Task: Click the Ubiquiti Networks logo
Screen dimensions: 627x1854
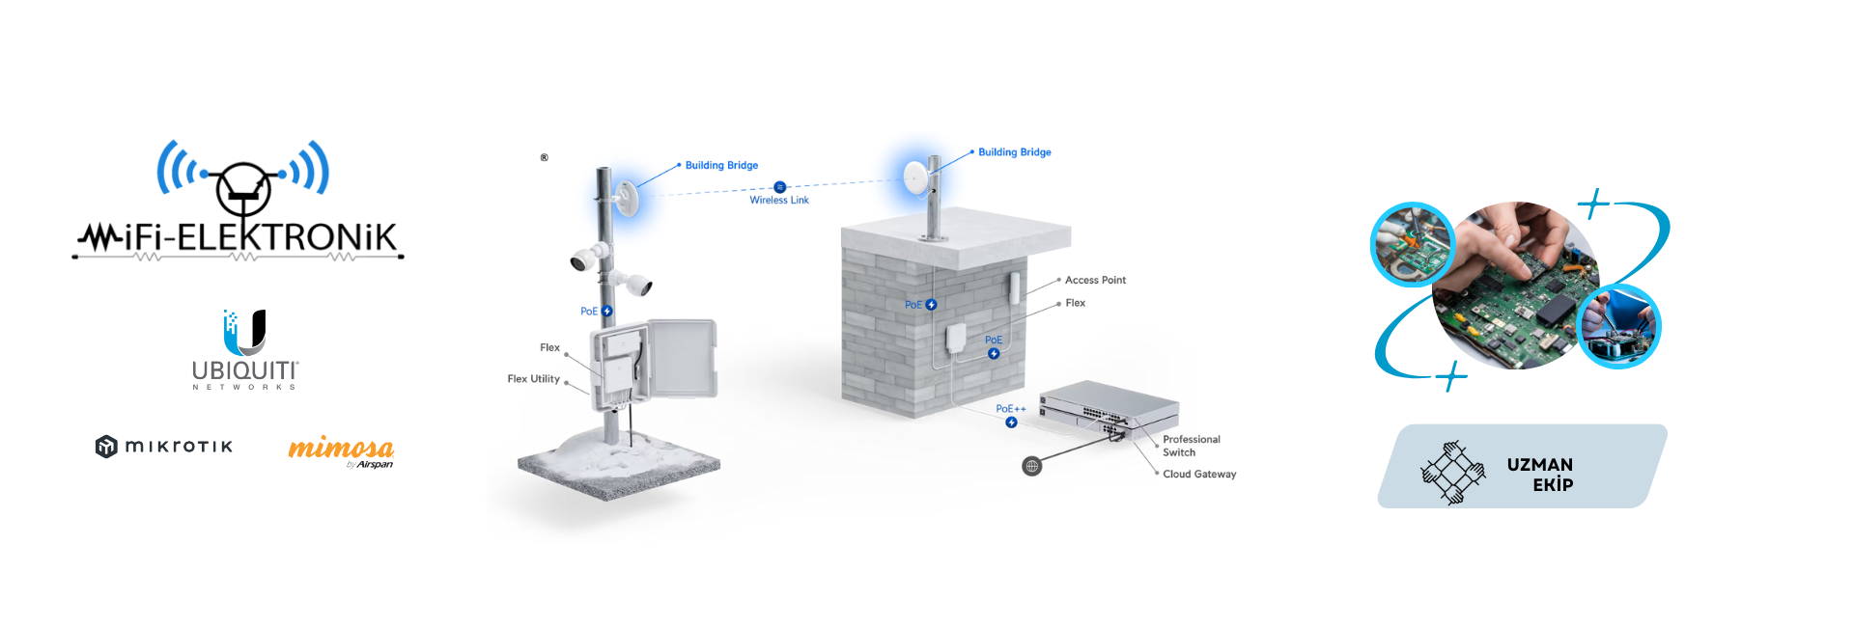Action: (245, 348)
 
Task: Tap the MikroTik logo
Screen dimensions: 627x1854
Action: (164, 446)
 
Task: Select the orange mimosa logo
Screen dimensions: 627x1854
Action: (341, 450)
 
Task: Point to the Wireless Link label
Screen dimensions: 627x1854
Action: (779, 201)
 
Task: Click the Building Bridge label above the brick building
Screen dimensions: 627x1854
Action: (1014, 152)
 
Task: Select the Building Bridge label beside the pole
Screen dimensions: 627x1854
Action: (721, 166)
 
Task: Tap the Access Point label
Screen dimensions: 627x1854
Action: (1095, 281)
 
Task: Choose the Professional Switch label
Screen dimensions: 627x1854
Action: (1191, 446)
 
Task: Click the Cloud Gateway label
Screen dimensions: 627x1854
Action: (1199, 475)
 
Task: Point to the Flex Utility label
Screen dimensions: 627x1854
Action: (533, 379)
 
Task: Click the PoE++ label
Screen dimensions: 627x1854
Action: (1010, 409)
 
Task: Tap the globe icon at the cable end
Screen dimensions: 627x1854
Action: (1032, 467)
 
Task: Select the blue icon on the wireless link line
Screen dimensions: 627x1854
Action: (780, 187)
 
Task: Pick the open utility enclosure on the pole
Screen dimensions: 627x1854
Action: (654, 362)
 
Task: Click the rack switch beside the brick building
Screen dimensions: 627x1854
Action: (1109, 405)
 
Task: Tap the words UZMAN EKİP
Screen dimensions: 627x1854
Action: (1540, 475)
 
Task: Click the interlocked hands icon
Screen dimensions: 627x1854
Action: (1452, 472)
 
